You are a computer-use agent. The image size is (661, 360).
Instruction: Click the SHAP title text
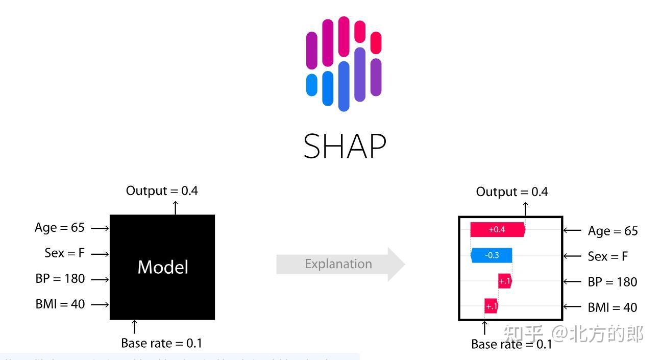click(x=345, y=147)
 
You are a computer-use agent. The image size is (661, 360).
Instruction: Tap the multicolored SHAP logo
click(x=344, y=64)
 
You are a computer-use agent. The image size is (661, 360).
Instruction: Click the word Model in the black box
click(x=163, y=267)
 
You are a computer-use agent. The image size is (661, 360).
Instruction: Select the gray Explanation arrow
click(x=340, y=264)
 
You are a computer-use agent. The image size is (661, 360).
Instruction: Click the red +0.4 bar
click(x=497, y=230)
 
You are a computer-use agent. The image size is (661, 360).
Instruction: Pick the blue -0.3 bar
click(x=492, y=255)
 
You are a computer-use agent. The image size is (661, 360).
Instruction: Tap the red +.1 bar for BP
click(x=505, y=281)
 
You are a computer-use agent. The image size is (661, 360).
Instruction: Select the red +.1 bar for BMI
click(x=491, y=306)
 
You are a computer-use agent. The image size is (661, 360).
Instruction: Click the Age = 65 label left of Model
click(x=59, y=227)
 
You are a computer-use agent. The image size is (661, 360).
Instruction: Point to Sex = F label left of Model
click(x=64, y=253)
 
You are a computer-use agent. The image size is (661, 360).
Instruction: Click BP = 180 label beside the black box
click(x=60, y=279)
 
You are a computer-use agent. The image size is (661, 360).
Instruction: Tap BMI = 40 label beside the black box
click(x=60, y=304)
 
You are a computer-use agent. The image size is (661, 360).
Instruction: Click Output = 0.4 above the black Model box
click(x=162, y=191)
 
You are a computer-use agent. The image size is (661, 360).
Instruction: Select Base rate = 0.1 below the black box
click(x=161, y=343)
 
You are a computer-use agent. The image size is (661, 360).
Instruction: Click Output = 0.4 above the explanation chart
click(x=512, y=192)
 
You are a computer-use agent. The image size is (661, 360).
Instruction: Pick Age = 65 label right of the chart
click(x=613, y=231)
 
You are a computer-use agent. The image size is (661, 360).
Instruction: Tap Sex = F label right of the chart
click(x=607, y=256)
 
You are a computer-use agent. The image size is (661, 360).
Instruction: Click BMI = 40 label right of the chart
click(x=612, y=307)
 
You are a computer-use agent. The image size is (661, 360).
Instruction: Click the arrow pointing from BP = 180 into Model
click(x=100, y=279)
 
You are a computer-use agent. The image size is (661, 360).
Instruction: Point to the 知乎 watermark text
click(x=523, y=334)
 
